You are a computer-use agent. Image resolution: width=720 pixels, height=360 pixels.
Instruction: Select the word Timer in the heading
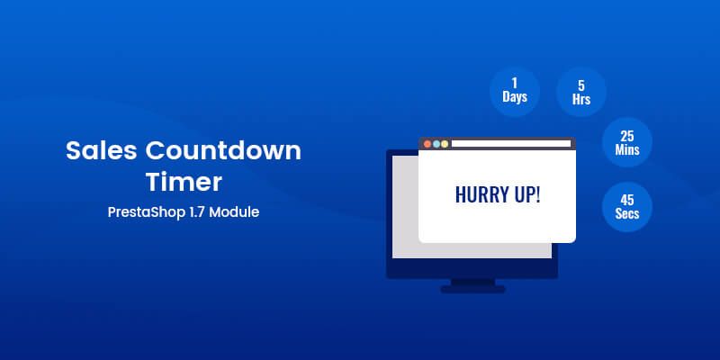coord(184,183)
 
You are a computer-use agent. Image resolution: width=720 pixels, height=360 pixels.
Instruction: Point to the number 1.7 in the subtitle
coord(199,215)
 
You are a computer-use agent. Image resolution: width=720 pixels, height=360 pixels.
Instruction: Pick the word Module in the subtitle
coord(238,215)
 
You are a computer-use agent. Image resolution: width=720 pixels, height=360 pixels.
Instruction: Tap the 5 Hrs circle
coord(580,93)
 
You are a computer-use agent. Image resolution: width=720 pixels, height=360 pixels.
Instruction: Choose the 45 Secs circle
coord(627,205)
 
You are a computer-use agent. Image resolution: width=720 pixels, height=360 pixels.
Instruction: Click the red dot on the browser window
coord(427,143)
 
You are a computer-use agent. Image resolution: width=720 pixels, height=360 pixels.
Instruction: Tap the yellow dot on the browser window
coord(436,143)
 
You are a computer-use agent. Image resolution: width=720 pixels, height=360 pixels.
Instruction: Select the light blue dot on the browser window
coord(445,143)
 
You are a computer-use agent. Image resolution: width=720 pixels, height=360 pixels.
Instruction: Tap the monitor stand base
coord(472,290)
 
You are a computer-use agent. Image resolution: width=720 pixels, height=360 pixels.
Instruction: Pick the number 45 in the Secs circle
coord(627,198)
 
